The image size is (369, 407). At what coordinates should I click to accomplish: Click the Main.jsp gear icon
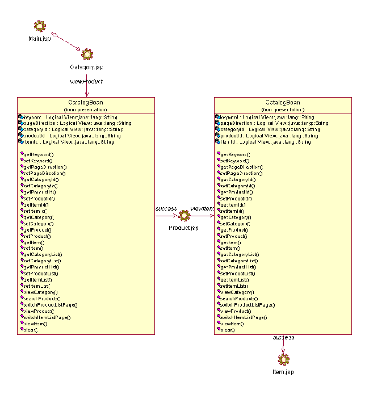(x=39, y=26)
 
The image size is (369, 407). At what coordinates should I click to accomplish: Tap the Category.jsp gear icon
(x=87, y=54)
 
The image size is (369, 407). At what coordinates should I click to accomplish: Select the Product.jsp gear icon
(x=184, y=216)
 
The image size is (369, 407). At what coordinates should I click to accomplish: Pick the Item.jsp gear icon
(x=283, y=359)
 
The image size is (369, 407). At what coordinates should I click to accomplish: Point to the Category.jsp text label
(x=87, y=68)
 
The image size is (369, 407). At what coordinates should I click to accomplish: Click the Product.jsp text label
(x=184, y=228)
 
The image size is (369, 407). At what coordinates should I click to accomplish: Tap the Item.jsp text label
(x=283, y=372)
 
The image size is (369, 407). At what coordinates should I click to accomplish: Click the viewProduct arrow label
(x=86, y=81)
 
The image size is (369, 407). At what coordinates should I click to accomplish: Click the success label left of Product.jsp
(x=166, y=208)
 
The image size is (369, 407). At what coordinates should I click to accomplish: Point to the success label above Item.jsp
(x=283, y=338)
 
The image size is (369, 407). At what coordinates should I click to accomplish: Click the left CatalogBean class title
(x=86, y=102)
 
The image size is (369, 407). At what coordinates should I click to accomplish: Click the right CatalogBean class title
(x=283, y=102)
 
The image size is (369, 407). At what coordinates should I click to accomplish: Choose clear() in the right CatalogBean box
(x=225, y=330)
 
